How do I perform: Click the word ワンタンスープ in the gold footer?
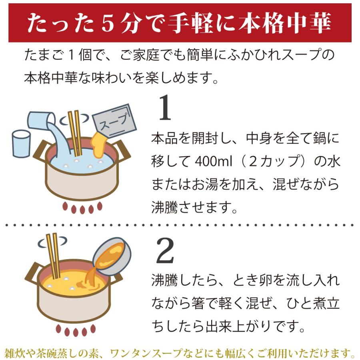pos(174,353)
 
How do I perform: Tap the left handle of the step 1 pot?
pos(40,153)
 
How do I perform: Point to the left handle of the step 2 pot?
pos(34,274)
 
